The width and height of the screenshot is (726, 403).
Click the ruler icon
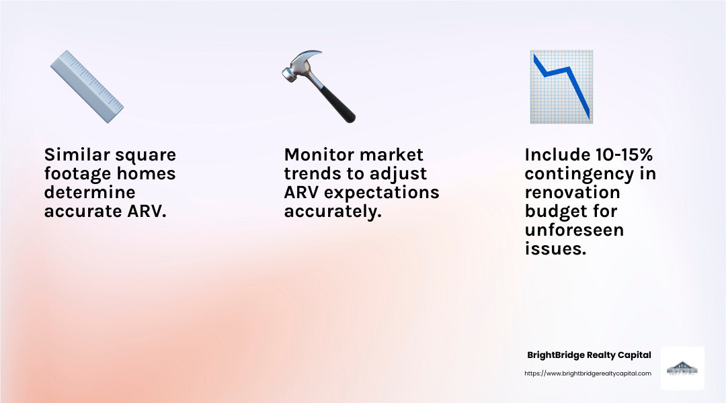87,87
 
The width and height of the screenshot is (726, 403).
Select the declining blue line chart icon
561,87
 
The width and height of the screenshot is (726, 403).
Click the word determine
89,193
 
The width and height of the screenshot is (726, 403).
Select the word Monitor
319,155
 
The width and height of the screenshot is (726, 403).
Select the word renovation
572,193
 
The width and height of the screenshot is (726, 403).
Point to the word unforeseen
574,230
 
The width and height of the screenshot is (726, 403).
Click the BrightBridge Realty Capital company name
589,355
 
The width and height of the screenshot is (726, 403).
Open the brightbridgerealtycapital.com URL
588,373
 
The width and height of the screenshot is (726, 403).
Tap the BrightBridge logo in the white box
682,368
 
